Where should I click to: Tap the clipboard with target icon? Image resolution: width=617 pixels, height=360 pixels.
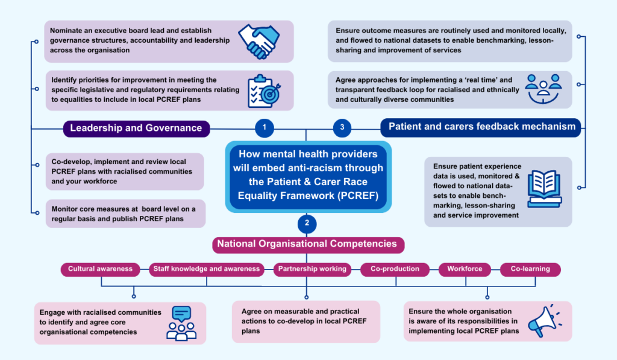tap(263, 90)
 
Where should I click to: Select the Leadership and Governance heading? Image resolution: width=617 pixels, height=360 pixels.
tap(136, 128)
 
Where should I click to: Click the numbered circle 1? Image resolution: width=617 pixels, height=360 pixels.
tap(264, 127)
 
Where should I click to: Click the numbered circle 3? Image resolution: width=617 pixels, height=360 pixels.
tap(342, 127)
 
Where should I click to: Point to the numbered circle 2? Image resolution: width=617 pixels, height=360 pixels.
tap(307, 223)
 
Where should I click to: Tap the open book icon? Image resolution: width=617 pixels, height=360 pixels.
tap(544, 188)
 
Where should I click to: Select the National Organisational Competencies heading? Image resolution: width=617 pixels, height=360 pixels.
tap(307, 244)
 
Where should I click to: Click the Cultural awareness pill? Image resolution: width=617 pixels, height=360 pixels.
tap(100, 269)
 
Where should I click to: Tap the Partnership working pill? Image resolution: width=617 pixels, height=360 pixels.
tap(312, 269)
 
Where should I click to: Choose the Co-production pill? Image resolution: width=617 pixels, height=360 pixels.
tap(395, 269)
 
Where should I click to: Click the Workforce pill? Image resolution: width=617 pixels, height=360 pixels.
tap(465, 269)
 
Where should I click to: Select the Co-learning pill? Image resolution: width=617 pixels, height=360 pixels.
tap(530, 269)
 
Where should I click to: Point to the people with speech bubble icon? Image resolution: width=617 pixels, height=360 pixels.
tap(181, 323)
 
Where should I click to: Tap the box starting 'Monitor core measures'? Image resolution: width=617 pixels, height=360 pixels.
tap(125, 213)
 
